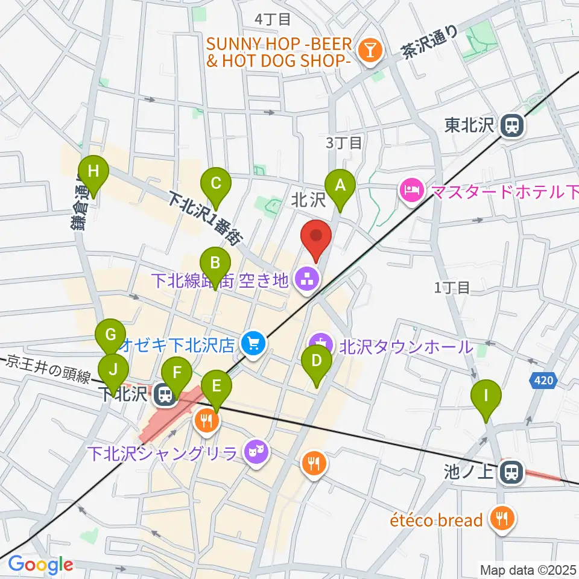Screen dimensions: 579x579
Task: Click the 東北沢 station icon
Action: pyautogui.click(x=512, y=125)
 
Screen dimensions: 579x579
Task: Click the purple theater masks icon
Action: pyautogui.click(x=256, y=451)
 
